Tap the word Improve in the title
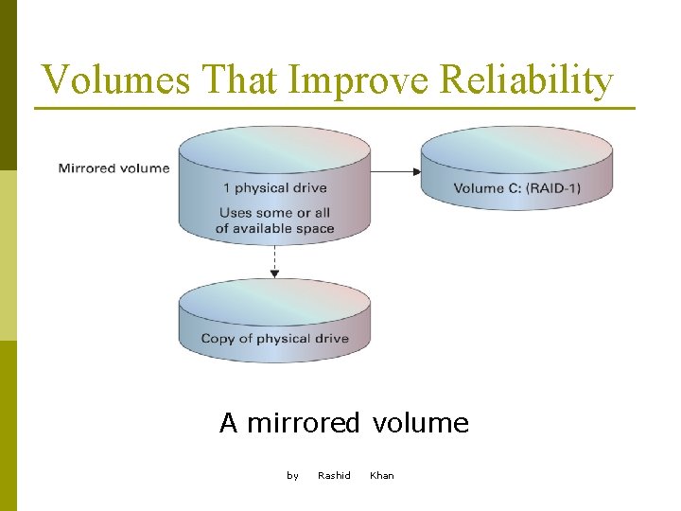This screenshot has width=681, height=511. [x=358, y=80]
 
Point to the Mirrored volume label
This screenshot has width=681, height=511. [x=113, y=168]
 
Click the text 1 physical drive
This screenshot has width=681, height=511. [x=274, y=188]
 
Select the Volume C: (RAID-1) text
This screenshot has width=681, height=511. [x=516, y=188]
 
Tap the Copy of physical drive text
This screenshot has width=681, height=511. [x=274, y=339]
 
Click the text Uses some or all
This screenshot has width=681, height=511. [x=274, y=213]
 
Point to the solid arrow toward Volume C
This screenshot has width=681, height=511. [x=395, y=171]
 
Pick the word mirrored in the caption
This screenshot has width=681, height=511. [x=303, y=423]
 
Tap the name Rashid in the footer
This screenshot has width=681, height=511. [x=334, y=475]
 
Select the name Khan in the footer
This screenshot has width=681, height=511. [x=382, y=475]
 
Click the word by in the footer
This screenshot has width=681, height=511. [x=292, y=475]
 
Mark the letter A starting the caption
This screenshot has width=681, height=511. [x=228, y=423]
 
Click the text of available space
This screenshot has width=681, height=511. [x=274, y=228]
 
